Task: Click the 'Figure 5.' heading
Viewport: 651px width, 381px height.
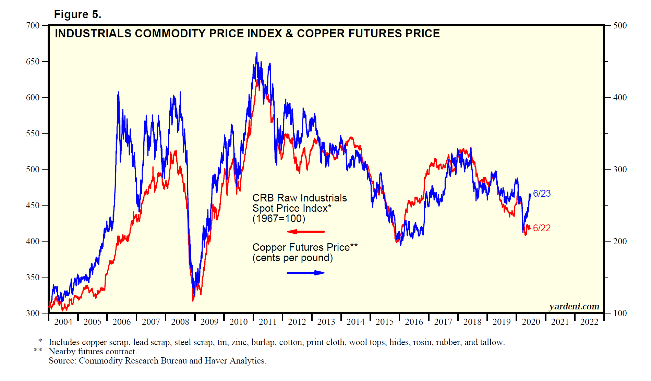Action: (77, 14)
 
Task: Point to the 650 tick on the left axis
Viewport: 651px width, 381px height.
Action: (33, 62)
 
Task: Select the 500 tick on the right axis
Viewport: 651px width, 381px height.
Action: (620, 26)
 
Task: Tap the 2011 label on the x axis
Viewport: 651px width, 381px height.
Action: (267, 322)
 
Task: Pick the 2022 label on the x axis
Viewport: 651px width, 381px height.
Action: (589, 322)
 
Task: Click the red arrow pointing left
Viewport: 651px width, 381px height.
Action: (305, 232)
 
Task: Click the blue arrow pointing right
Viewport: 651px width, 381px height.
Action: (305, 273)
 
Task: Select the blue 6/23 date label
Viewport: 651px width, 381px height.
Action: (542, 194)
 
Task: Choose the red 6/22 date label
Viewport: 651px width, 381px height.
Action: (542, 228)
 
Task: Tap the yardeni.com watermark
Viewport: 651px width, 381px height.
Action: (574, 307)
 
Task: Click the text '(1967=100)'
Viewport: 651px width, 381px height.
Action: (279, 219)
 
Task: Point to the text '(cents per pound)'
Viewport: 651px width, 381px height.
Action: (292, 258)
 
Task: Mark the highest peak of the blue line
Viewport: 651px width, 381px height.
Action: (257, 53)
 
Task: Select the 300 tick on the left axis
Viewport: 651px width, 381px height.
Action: (33, 313)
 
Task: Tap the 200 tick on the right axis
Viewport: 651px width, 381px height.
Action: (620, 242)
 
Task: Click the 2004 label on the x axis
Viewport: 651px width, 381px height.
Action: (63, 322)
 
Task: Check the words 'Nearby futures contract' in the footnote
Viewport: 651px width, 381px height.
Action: (93, 352)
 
